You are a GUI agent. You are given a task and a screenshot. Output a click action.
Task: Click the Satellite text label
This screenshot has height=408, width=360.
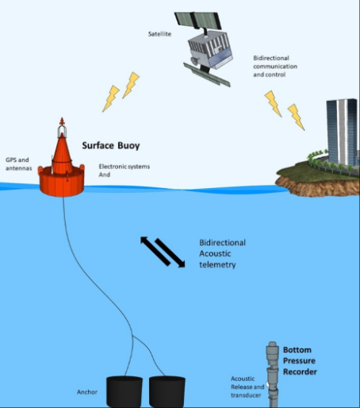159,34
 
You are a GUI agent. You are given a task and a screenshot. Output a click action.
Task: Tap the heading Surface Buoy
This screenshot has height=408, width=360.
111,145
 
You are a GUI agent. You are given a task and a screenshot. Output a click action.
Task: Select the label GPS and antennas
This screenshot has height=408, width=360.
19,164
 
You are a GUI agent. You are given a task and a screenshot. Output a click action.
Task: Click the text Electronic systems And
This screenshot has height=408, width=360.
124,171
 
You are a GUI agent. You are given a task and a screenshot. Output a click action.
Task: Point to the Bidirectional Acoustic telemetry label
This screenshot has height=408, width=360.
222,254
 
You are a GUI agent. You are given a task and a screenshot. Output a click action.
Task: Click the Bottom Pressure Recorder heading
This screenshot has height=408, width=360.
300,361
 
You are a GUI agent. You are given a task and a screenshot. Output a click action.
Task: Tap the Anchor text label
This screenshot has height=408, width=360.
87,392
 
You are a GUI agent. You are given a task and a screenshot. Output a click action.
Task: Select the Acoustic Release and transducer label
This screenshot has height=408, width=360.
247,387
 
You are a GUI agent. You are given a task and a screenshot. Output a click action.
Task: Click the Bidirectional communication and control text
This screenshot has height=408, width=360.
275,66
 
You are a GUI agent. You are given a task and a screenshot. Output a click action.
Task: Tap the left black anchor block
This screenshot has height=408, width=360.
124,391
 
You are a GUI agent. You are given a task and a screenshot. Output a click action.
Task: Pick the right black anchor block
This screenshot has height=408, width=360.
167,391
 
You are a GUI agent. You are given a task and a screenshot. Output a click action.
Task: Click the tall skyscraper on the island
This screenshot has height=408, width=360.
342,132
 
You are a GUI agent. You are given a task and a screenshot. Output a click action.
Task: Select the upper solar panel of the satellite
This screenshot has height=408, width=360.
197,20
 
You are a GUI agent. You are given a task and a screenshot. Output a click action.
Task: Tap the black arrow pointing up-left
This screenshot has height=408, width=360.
155,251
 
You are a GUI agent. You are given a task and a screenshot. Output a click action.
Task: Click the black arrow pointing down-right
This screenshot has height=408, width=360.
170,253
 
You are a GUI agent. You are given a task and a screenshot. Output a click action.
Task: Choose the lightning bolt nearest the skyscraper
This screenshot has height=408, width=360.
296,117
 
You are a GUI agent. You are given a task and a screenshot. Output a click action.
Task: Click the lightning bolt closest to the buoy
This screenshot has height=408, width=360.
111,98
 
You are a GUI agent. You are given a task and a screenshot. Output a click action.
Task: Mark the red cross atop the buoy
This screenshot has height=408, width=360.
62,121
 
